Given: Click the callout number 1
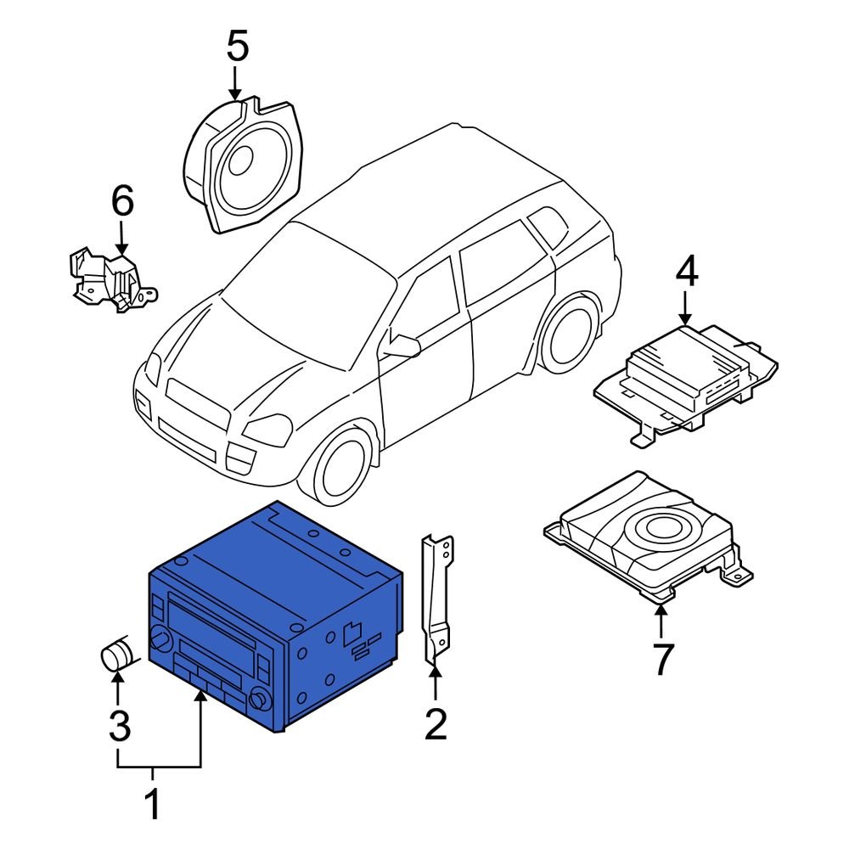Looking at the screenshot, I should [x=153, y=805].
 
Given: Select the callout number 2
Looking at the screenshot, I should [x=435, y=724].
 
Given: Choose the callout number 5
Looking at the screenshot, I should [x=238, y=47].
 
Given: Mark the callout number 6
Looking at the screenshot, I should [x=122, y=202].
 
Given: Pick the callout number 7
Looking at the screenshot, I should [x=661, y=659].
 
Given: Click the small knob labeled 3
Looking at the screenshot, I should [x=117, y=656].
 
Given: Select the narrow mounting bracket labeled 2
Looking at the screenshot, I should [x=437, y=598].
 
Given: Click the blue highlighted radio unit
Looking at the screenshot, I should [x=272, y=620].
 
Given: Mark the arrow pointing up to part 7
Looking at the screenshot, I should [x=661, y=621].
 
